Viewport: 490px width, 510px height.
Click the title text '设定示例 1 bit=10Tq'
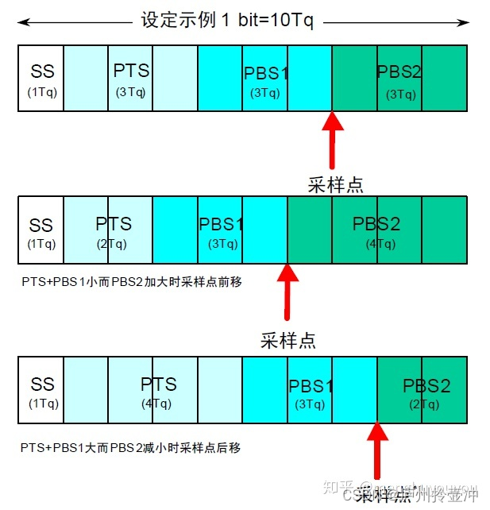227,21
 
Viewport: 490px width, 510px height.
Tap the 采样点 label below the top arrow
335,185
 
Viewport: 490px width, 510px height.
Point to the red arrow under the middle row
287,294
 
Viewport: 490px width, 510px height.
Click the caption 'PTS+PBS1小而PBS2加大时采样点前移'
131,281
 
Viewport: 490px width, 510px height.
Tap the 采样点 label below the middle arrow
287,341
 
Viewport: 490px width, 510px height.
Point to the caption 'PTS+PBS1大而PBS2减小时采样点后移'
131,448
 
